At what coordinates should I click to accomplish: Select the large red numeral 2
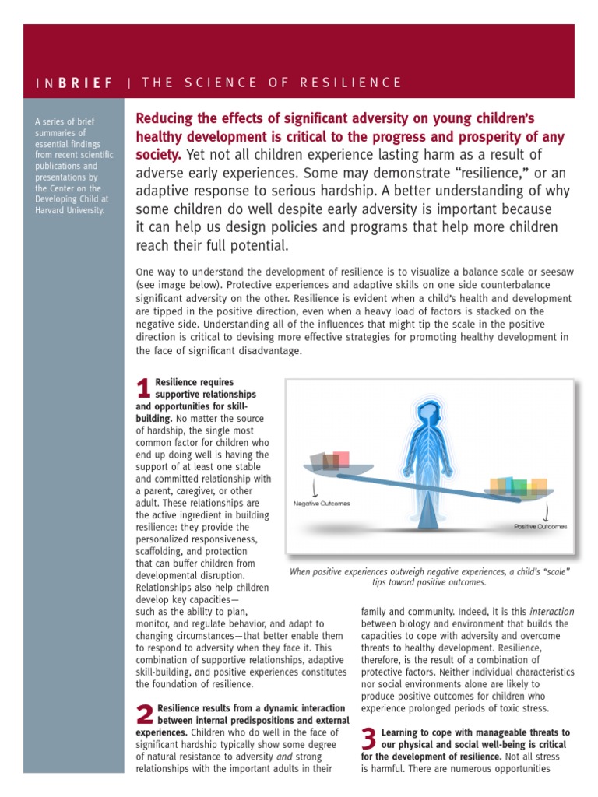(144, 716)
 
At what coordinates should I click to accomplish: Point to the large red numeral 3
(370, 740)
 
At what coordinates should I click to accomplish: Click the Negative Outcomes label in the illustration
(322, 504)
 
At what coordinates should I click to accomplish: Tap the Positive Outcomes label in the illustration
(540, 526)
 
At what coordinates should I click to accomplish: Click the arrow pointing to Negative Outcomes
(313, 488)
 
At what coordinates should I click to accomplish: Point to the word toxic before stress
(507, 708)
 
